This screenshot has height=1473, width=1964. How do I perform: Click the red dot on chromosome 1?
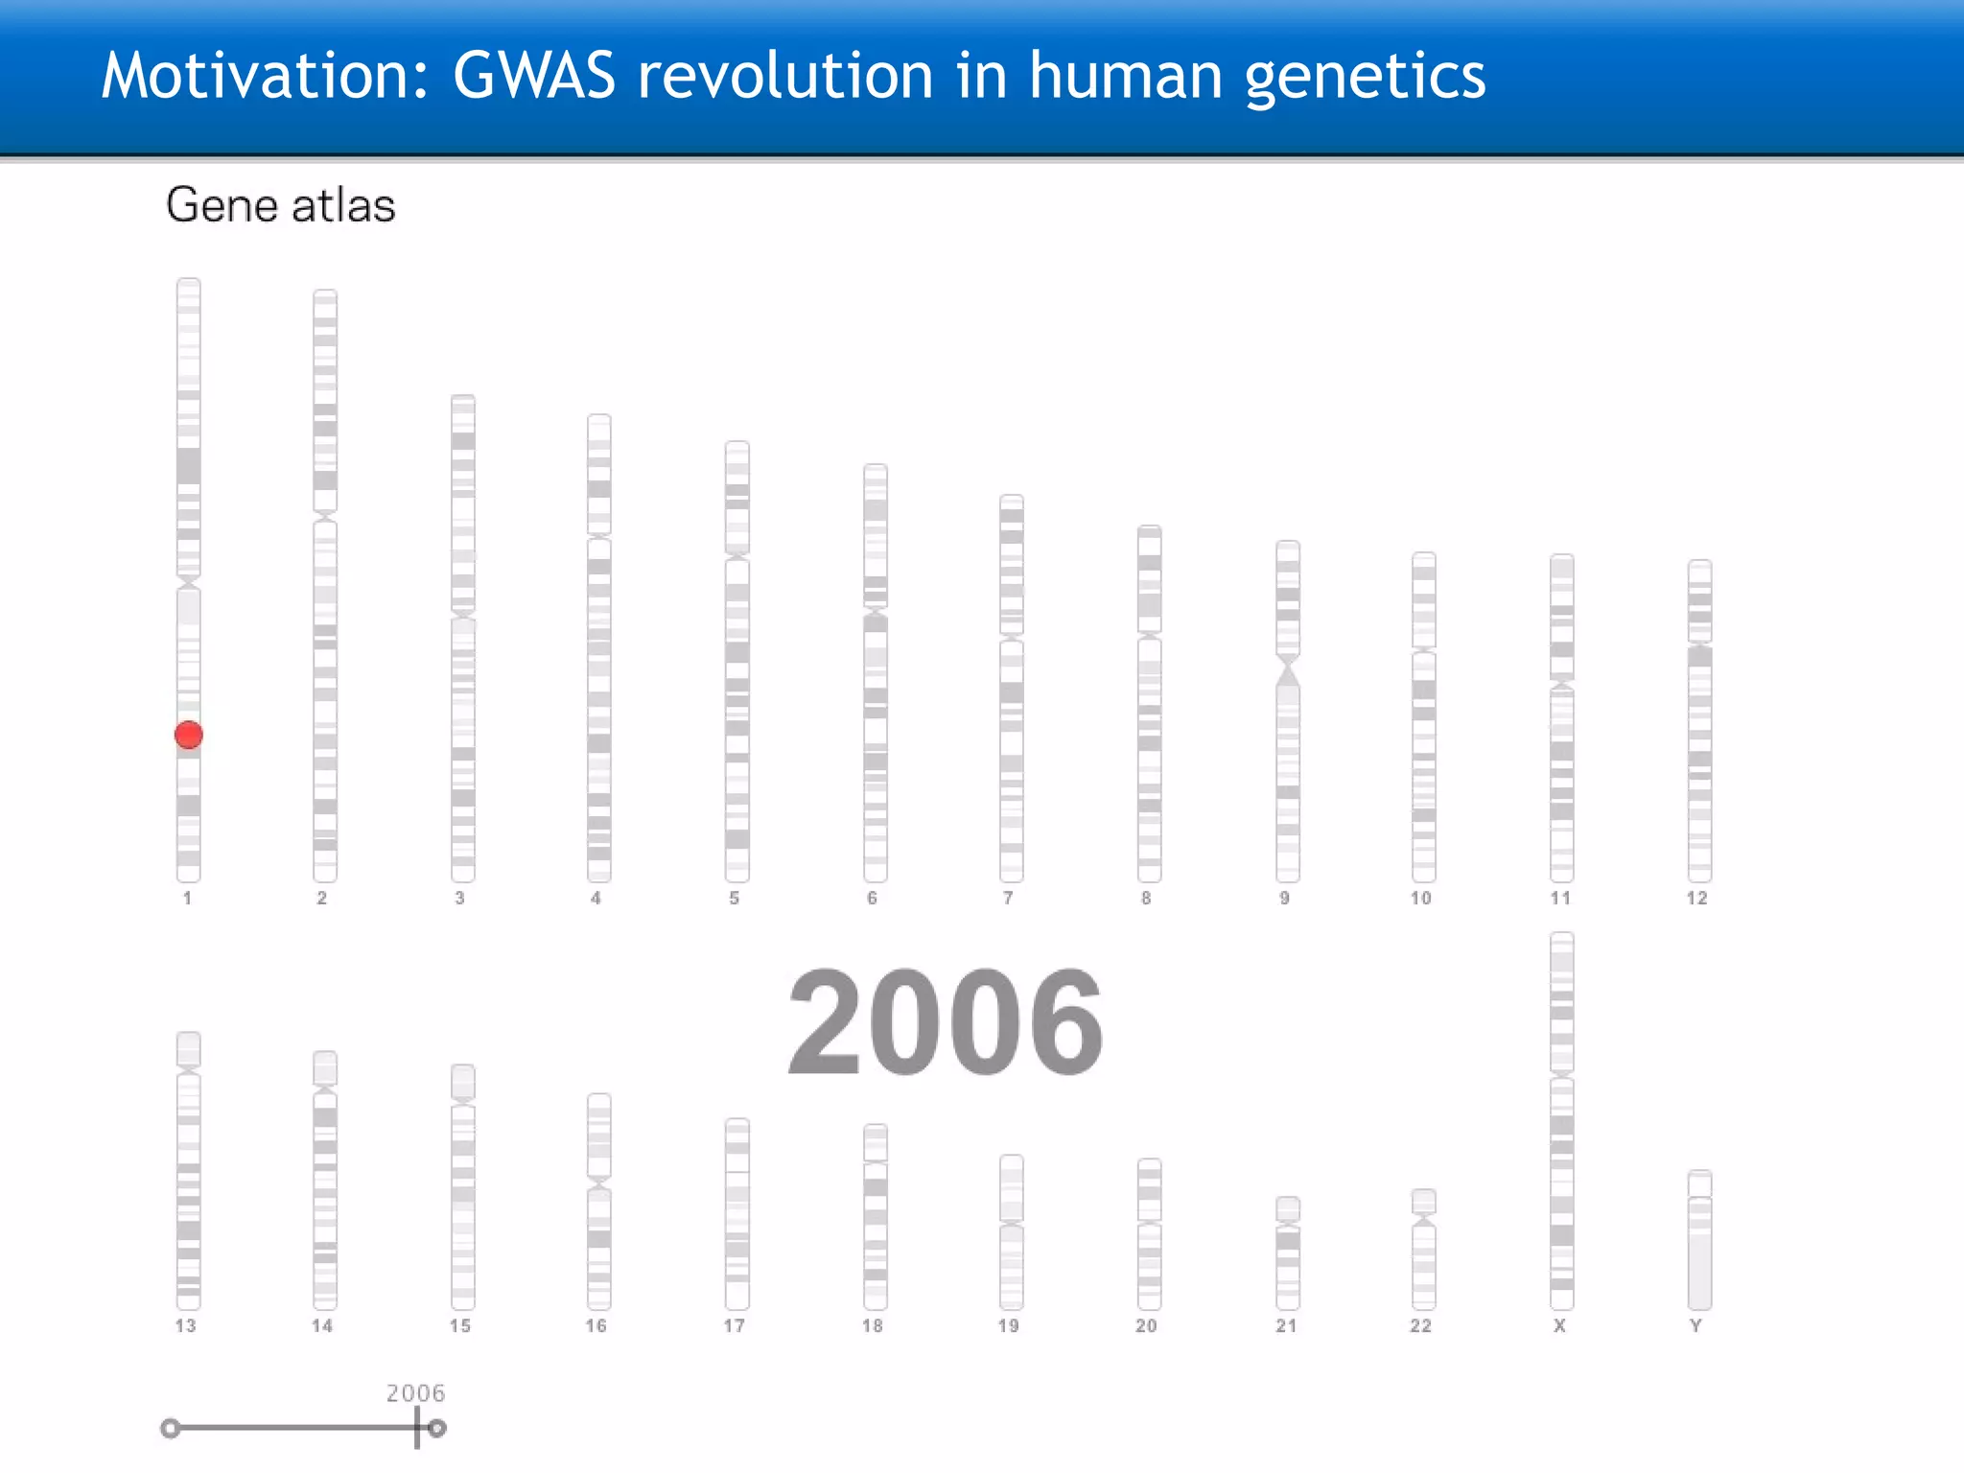pos(189,735)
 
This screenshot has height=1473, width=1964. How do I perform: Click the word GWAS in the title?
pos(533,76)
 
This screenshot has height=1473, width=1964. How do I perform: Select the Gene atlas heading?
pos(280,205)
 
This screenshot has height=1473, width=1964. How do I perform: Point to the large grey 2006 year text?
pos(946,1022)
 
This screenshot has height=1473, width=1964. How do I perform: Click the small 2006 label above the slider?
pos(415,1392)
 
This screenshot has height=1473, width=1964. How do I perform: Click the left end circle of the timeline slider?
pos(171,1429)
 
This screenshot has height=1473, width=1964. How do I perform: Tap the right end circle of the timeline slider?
pos(437,1429)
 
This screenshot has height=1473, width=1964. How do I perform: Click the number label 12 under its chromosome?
pos(1696,898)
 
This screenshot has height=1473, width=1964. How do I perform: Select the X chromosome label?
pos(1559,1325)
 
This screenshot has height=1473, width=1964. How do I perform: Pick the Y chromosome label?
pos(1695,1325)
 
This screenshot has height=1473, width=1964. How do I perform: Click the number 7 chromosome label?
pos(1008,898)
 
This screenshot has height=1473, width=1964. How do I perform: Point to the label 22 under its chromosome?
pos(1420,1325)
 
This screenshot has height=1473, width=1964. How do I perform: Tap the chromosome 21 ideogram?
pos(1288,1256)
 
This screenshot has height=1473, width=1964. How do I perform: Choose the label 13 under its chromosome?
pos(185,1325)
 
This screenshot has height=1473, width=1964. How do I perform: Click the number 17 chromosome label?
pos(734,1325)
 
